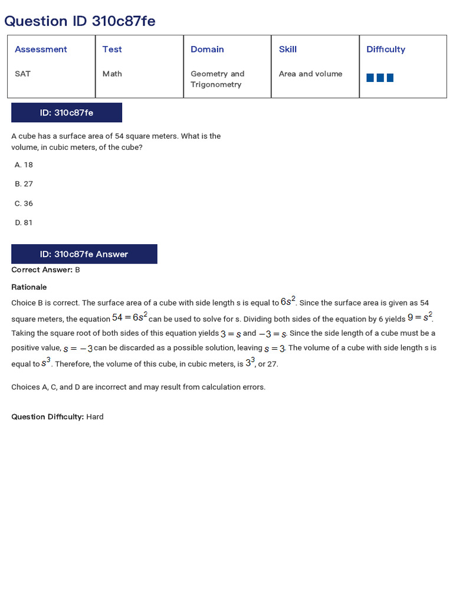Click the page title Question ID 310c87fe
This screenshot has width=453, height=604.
click(x=80, y=21)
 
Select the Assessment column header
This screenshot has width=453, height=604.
click(x=41, y=50)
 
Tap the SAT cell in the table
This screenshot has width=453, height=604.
click(x=22, y=74)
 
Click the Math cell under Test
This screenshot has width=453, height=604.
click(x=112, y=74)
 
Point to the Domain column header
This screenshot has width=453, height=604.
click(x=207, y=50)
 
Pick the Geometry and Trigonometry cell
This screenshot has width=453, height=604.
click(x=217, y=79)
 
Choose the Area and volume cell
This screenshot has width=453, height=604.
click(x=310, y=74)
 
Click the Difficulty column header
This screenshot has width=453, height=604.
click(x=386, y=50)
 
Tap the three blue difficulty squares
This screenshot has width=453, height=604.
click(x=380, y=78)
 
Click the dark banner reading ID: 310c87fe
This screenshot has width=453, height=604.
click(x=67, y=113)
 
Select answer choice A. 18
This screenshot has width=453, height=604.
click(x=24, y=165)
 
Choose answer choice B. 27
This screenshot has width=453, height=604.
click(x=24, y=184)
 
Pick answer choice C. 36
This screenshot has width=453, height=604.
click(x=24, y=203)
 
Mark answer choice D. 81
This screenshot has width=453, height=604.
click(x=24, y=223)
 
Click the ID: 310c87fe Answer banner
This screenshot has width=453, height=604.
click(x=84, y=254)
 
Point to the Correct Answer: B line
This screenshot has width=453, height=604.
click(x=46, y=270)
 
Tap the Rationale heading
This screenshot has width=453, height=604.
click(x=29, y=287)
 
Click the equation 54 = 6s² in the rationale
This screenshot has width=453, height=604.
click(x=129, y=317)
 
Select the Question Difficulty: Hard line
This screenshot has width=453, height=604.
click(x=58, y=417)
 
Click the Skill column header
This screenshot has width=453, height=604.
click(x=288, y=50)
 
